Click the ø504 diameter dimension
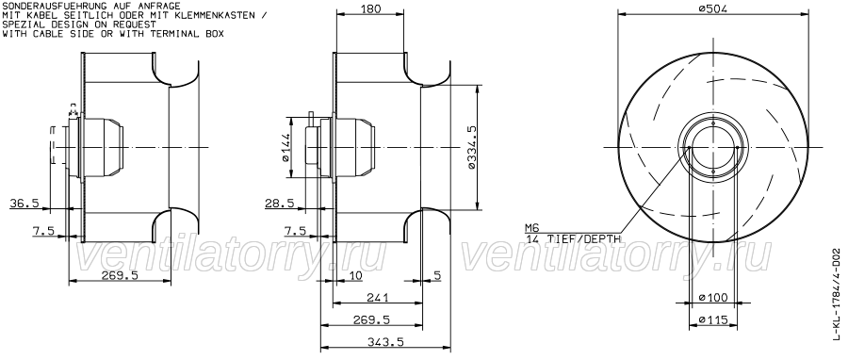click(713, 8)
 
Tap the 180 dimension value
click(370, 8)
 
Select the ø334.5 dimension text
click(472, 148)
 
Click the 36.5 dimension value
click(24, 204)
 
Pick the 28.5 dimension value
click(279, 204)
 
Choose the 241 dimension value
click(378, 297)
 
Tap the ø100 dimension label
click(713, 297)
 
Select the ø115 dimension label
click(713, 319)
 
